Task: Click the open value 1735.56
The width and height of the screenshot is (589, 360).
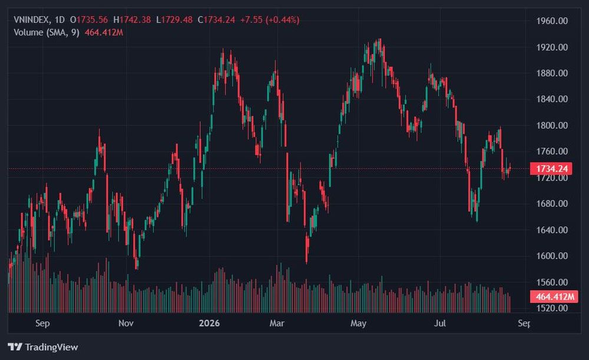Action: [92, 20]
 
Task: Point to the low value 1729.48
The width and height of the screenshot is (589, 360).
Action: [177, 20]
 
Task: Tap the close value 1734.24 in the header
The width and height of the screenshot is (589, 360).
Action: [219, 20]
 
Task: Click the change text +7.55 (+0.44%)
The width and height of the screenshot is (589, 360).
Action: [270, 20]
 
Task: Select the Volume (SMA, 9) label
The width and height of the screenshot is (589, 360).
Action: [47, 32]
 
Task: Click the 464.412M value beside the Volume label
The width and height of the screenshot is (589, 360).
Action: [104, 32]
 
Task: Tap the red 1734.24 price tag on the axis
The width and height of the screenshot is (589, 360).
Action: [551, 169]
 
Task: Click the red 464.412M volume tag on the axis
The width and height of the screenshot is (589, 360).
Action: [554, 296]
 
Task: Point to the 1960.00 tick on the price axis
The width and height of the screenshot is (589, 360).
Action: [552, 21]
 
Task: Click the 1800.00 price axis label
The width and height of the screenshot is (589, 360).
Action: [552, 125]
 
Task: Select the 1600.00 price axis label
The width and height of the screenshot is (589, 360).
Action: [552, 256]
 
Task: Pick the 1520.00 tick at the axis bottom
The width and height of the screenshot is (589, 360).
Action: [552, 308]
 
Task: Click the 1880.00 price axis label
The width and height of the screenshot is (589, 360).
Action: [552, 73]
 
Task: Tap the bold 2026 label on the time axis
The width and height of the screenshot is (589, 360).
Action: [209, 323]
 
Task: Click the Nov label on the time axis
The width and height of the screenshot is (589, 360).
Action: [126, 323]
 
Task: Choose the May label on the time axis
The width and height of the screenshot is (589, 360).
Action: [358, 323]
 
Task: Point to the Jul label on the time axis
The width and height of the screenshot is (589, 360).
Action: [440, 323]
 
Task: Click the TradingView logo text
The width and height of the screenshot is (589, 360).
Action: [51, 347]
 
